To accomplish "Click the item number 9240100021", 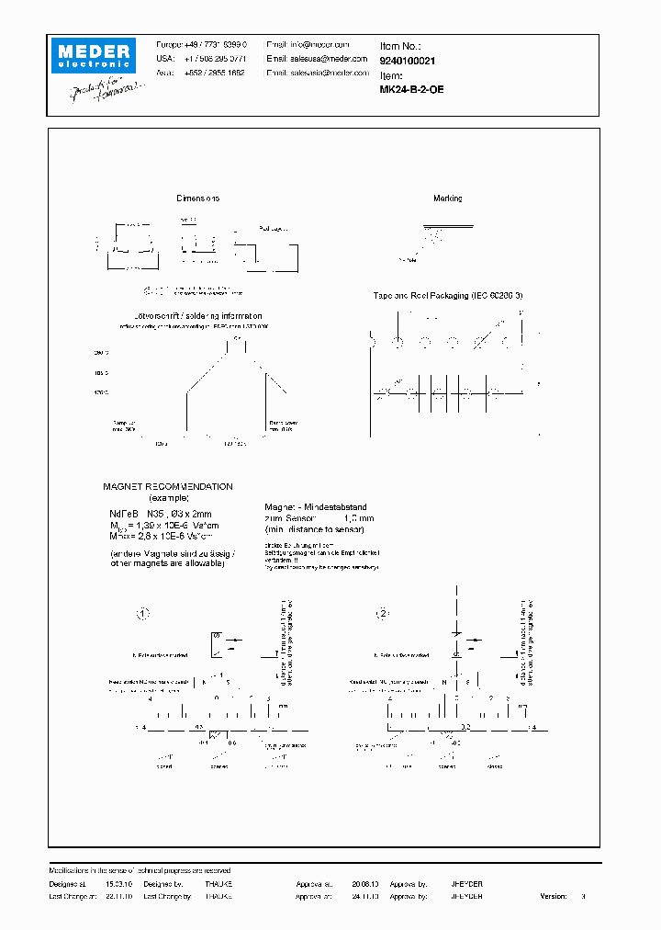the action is point(408,61).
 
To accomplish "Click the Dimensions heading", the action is point(197,198).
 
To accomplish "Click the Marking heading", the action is point(448,198).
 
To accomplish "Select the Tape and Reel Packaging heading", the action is point(448,296).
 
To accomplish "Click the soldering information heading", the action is point(197,316).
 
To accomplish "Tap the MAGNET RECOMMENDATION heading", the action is point(167,487).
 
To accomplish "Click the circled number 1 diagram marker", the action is point(142,613).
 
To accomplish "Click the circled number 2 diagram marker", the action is point(384,613).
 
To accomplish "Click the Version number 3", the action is point(583,896).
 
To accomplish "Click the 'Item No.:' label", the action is point(400,45).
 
